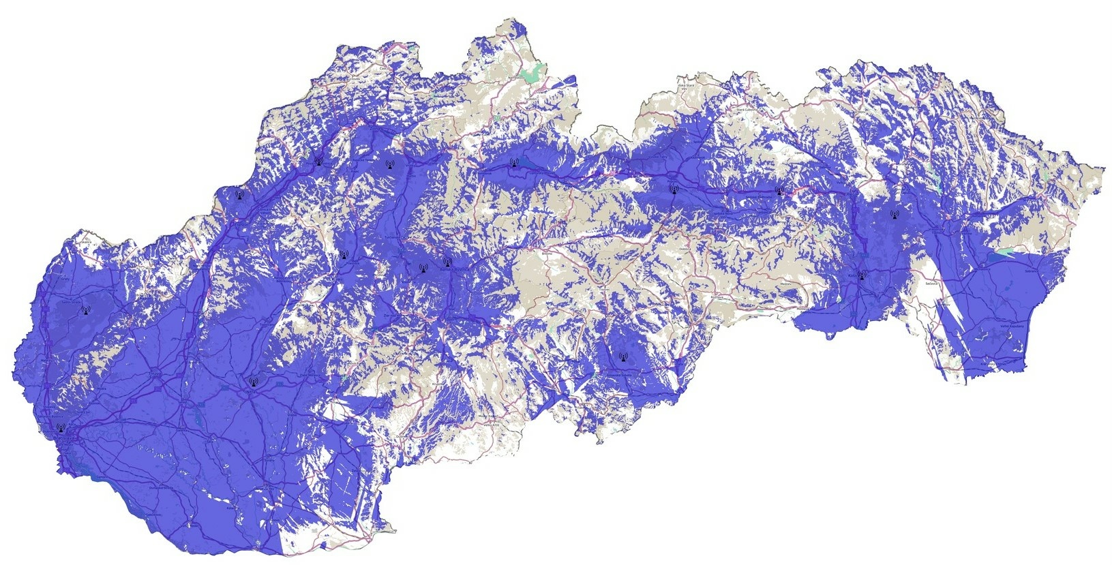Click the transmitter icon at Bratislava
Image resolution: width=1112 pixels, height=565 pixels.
coord(60,429)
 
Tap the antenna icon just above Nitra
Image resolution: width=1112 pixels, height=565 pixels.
coord(253,382)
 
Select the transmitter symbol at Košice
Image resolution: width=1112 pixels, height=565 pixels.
coord(862,275)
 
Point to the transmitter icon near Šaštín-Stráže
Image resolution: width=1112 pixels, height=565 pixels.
coord(85,310)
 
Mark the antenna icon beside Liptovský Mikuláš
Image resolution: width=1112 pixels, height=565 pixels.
coord(514,162)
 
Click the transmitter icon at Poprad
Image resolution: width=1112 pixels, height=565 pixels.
coord(674,188)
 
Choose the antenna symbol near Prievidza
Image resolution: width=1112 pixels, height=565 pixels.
coord(342,254)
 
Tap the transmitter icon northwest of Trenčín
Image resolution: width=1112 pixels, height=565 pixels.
coord(239,194)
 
